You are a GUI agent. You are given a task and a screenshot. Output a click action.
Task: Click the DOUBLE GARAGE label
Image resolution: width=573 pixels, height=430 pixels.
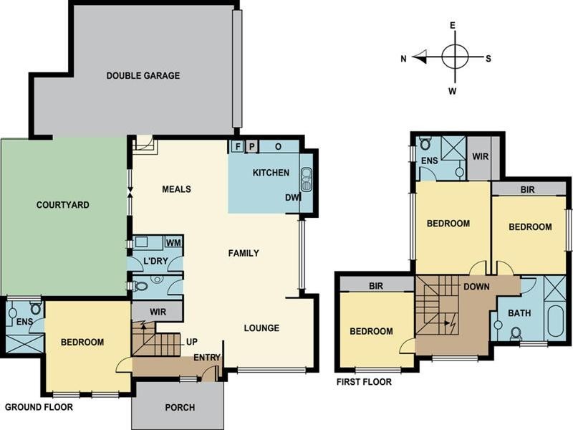[x=143, y=75]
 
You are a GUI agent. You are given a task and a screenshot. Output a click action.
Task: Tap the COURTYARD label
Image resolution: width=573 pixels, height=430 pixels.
[x=62, y=204]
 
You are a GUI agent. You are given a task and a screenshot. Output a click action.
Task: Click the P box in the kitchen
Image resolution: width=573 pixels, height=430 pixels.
[x=251, y=146]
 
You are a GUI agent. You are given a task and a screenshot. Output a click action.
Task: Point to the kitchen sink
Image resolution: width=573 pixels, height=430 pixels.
[x=307, y=178]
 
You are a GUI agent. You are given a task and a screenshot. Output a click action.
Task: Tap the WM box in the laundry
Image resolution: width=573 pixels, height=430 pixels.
[x=173, y=242]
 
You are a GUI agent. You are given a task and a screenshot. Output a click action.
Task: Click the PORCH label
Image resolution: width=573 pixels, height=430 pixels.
[x=180, y=408]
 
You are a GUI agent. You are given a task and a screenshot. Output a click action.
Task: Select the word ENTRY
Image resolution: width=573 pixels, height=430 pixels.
[x=206, y=358]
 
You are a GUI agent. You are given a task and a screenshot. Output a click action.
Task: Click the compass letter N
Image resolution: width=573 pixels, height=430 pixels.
[x=404, y=59]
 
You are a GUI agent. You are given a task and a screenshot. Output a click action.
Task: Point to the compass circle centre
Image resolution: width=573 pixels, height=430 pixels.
[x=454, y=56]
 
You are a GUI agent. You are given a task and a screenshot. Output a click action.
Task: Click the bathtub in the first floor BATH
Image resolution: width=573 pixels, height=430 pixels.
[x=556, y=320]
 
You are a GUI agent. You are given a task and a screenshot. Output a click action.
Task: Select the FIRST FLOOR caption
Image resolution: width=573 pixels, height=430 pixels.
[x=364, y=382]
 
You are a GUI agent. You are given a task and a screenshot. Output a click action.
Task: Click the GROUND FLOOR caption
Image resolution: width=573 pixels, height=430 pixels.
[x=39, y=406]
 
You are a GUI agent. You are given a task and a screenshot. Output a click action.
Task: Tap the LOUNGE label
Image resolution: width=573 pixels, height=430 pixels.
[x=261, y=328]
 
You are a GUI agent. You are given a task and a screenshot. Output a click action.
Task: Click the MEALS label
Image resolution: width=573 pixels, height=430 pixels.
[x=176, y=189]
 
